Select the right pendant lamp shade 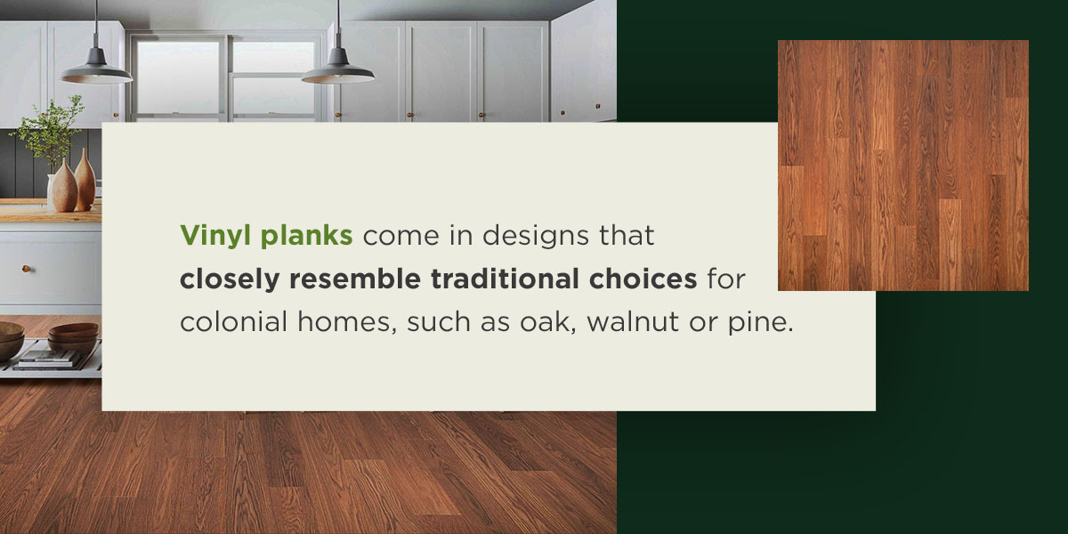tap(337, 69)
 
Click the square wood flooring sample tap(902, 166)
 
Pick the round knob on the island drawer tap(26, 268)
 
